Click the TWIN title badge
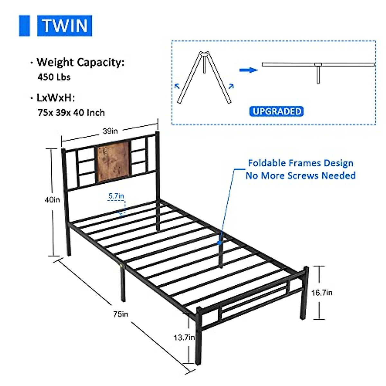click(65, 26)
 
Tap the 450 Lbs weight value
click(54, 77)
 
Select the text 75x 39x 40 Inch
click(71, 113)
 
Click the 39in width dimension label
click(110, 131)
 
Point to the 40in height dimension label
click(52, 200)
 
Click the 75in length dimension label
click(121, 314)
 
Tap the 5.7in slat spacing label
click(116, 196)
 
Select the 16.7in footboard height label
click(322, 293)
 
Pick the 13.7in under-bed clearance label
click(184, 337)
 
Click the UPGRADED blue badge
click(276, 111)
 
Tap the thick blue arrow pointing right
click(248, 70)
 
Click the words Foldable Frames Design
click(300, 163)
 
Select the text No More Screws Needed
click(300, 176)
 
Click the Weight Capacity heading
click(80, 62)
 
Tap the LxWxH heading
click(56, 98)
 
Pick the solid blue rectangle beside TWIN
click(24, 26)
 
